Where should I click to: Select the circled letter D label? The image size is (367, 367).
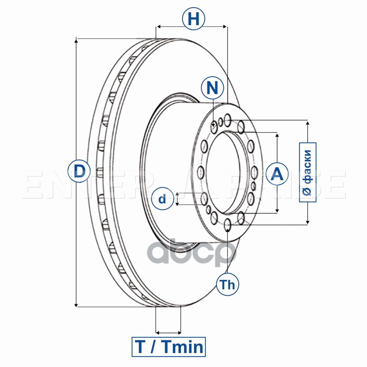(x=79, y=171)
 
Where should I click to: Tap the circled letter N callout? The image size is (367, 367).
(x=212, y=88)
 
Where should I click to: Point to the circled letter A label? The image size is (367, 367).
(x=277, y=173)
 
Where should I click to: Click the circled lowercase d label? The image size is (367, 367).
(x=162, y=199)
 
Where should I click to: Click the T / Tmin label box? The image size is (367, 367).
(x=169, y=346)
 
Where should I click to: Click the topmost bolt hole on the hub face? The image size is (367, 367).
(x=228, y=121)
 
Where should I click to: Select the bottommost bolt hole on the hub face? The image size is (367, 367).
(x=228, y=224)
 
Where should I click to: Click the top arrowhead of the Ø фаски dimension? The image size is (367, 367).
(x=307, y=123)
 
